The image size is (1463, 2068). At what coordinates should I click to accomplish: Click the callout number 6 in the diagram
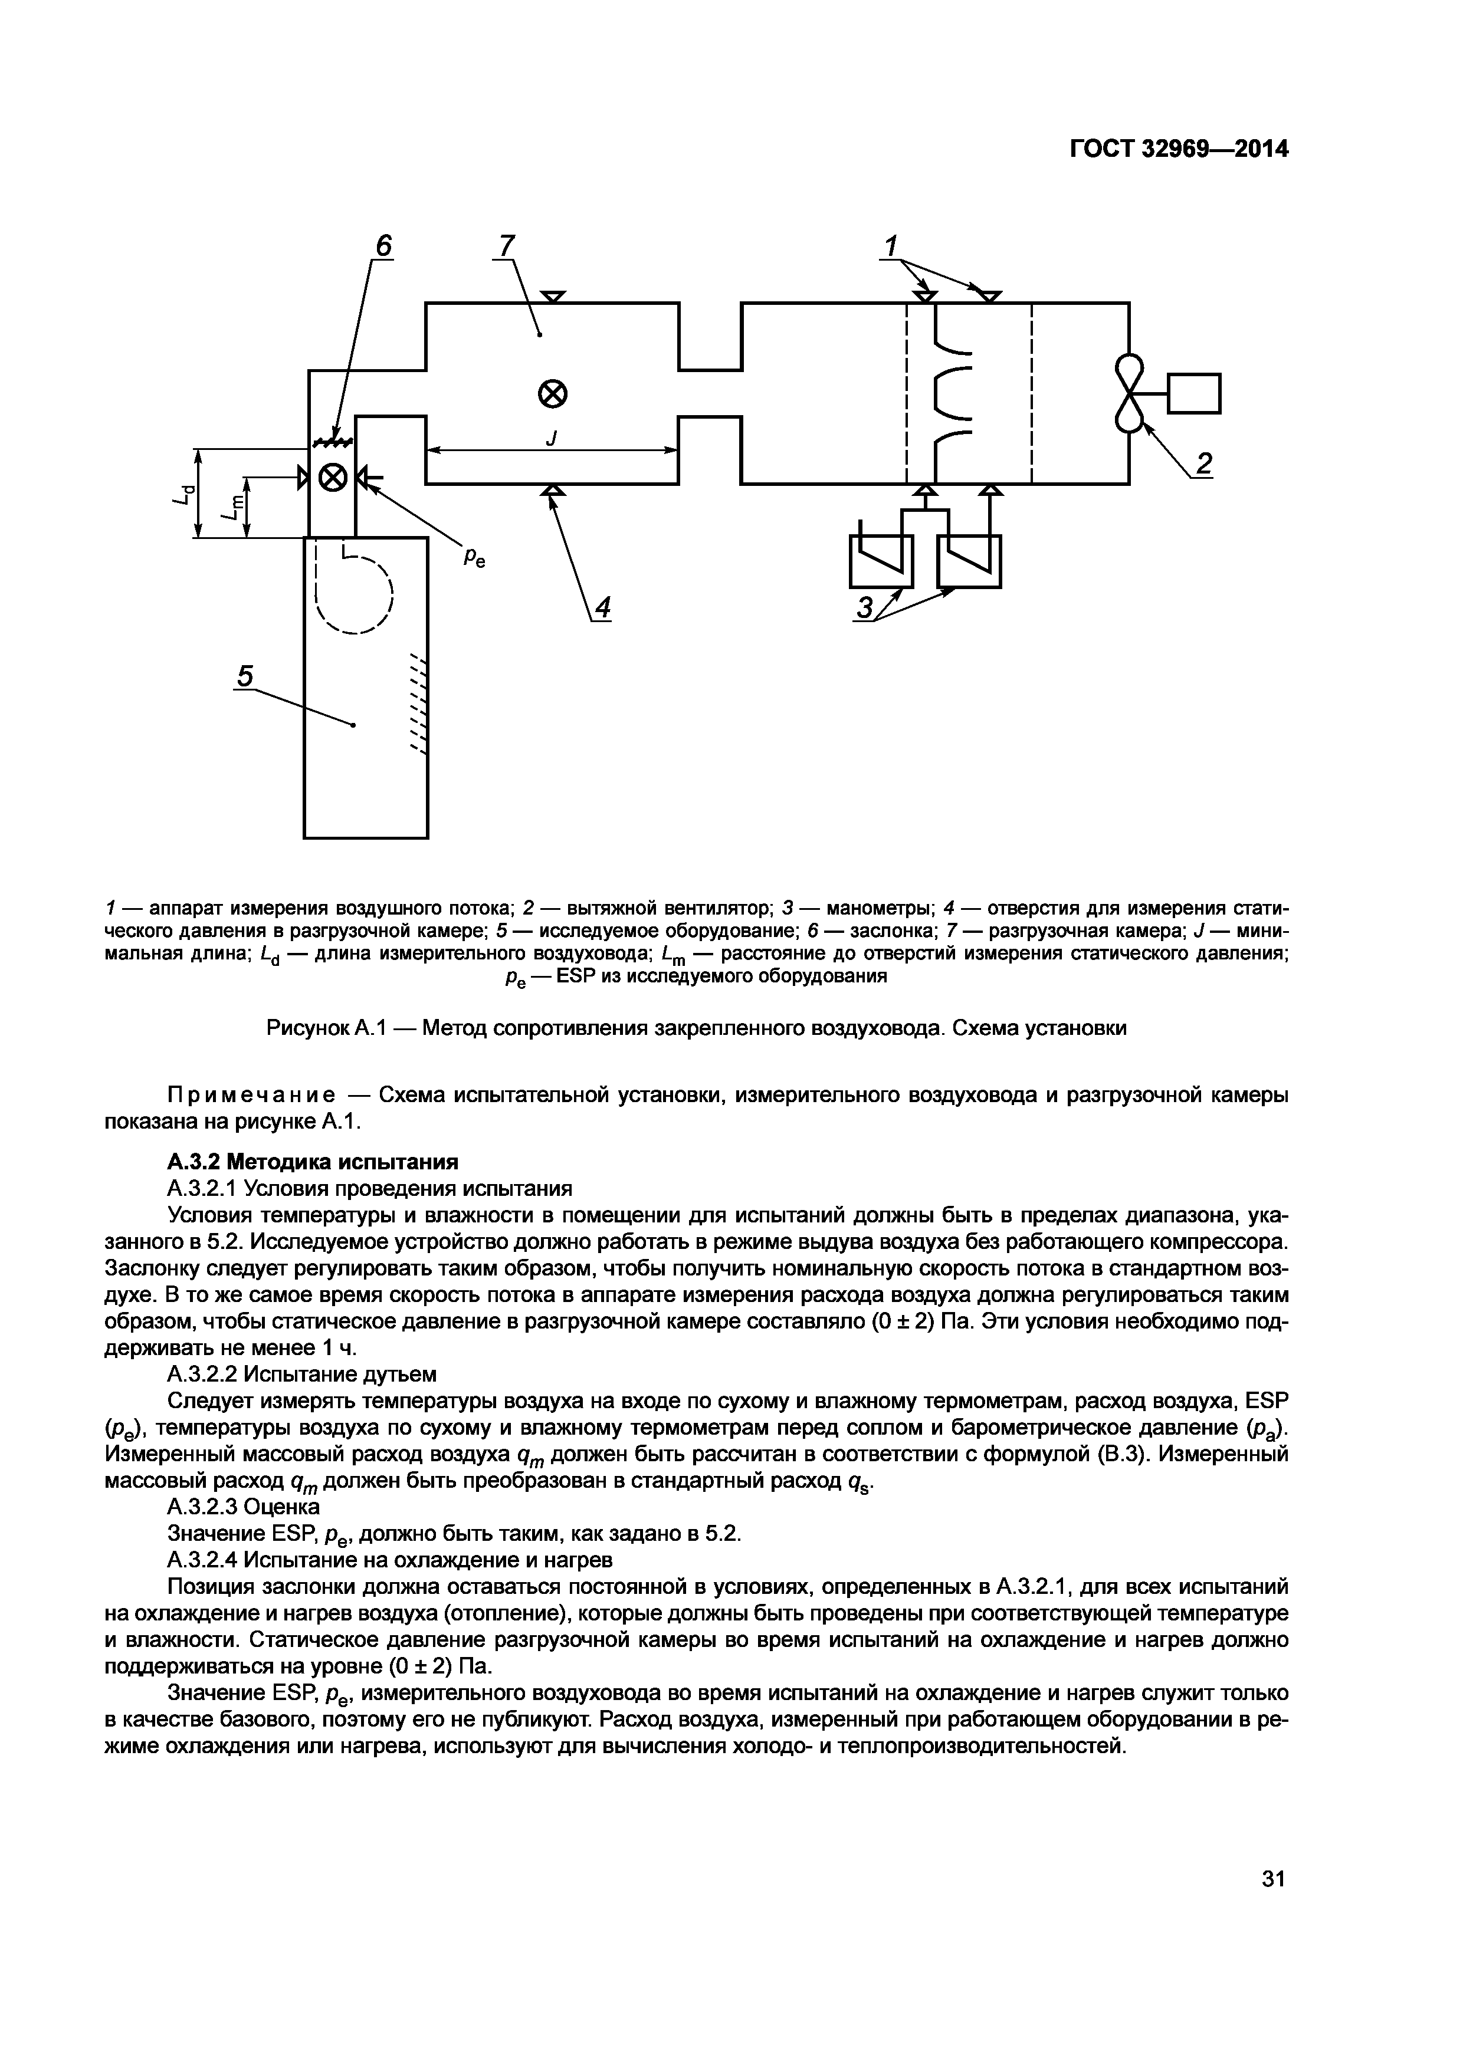point(384,246)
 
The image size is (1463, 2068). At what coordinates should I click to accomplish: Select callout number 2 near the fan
point(1203,463)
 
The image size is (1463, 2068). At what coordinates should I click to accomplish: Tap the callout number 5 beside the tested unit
point(245,676)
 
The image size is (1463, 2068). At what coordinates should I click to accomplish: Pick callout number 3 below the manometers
point(864,609)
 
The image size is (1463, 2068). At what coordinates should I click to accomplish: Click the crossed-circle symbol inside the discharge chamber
point(552,393)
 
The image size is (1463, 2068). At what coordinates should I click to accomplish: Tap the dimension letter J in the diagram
point(552,438)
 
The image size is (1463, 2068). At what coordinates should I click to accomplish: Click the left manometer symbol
point(881,560)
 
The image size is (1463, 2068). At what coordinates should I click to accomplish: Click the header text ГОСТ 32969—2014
point(1179,150)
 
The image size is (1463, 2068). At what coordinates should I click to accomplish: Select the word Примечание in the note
point(252,1095)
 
